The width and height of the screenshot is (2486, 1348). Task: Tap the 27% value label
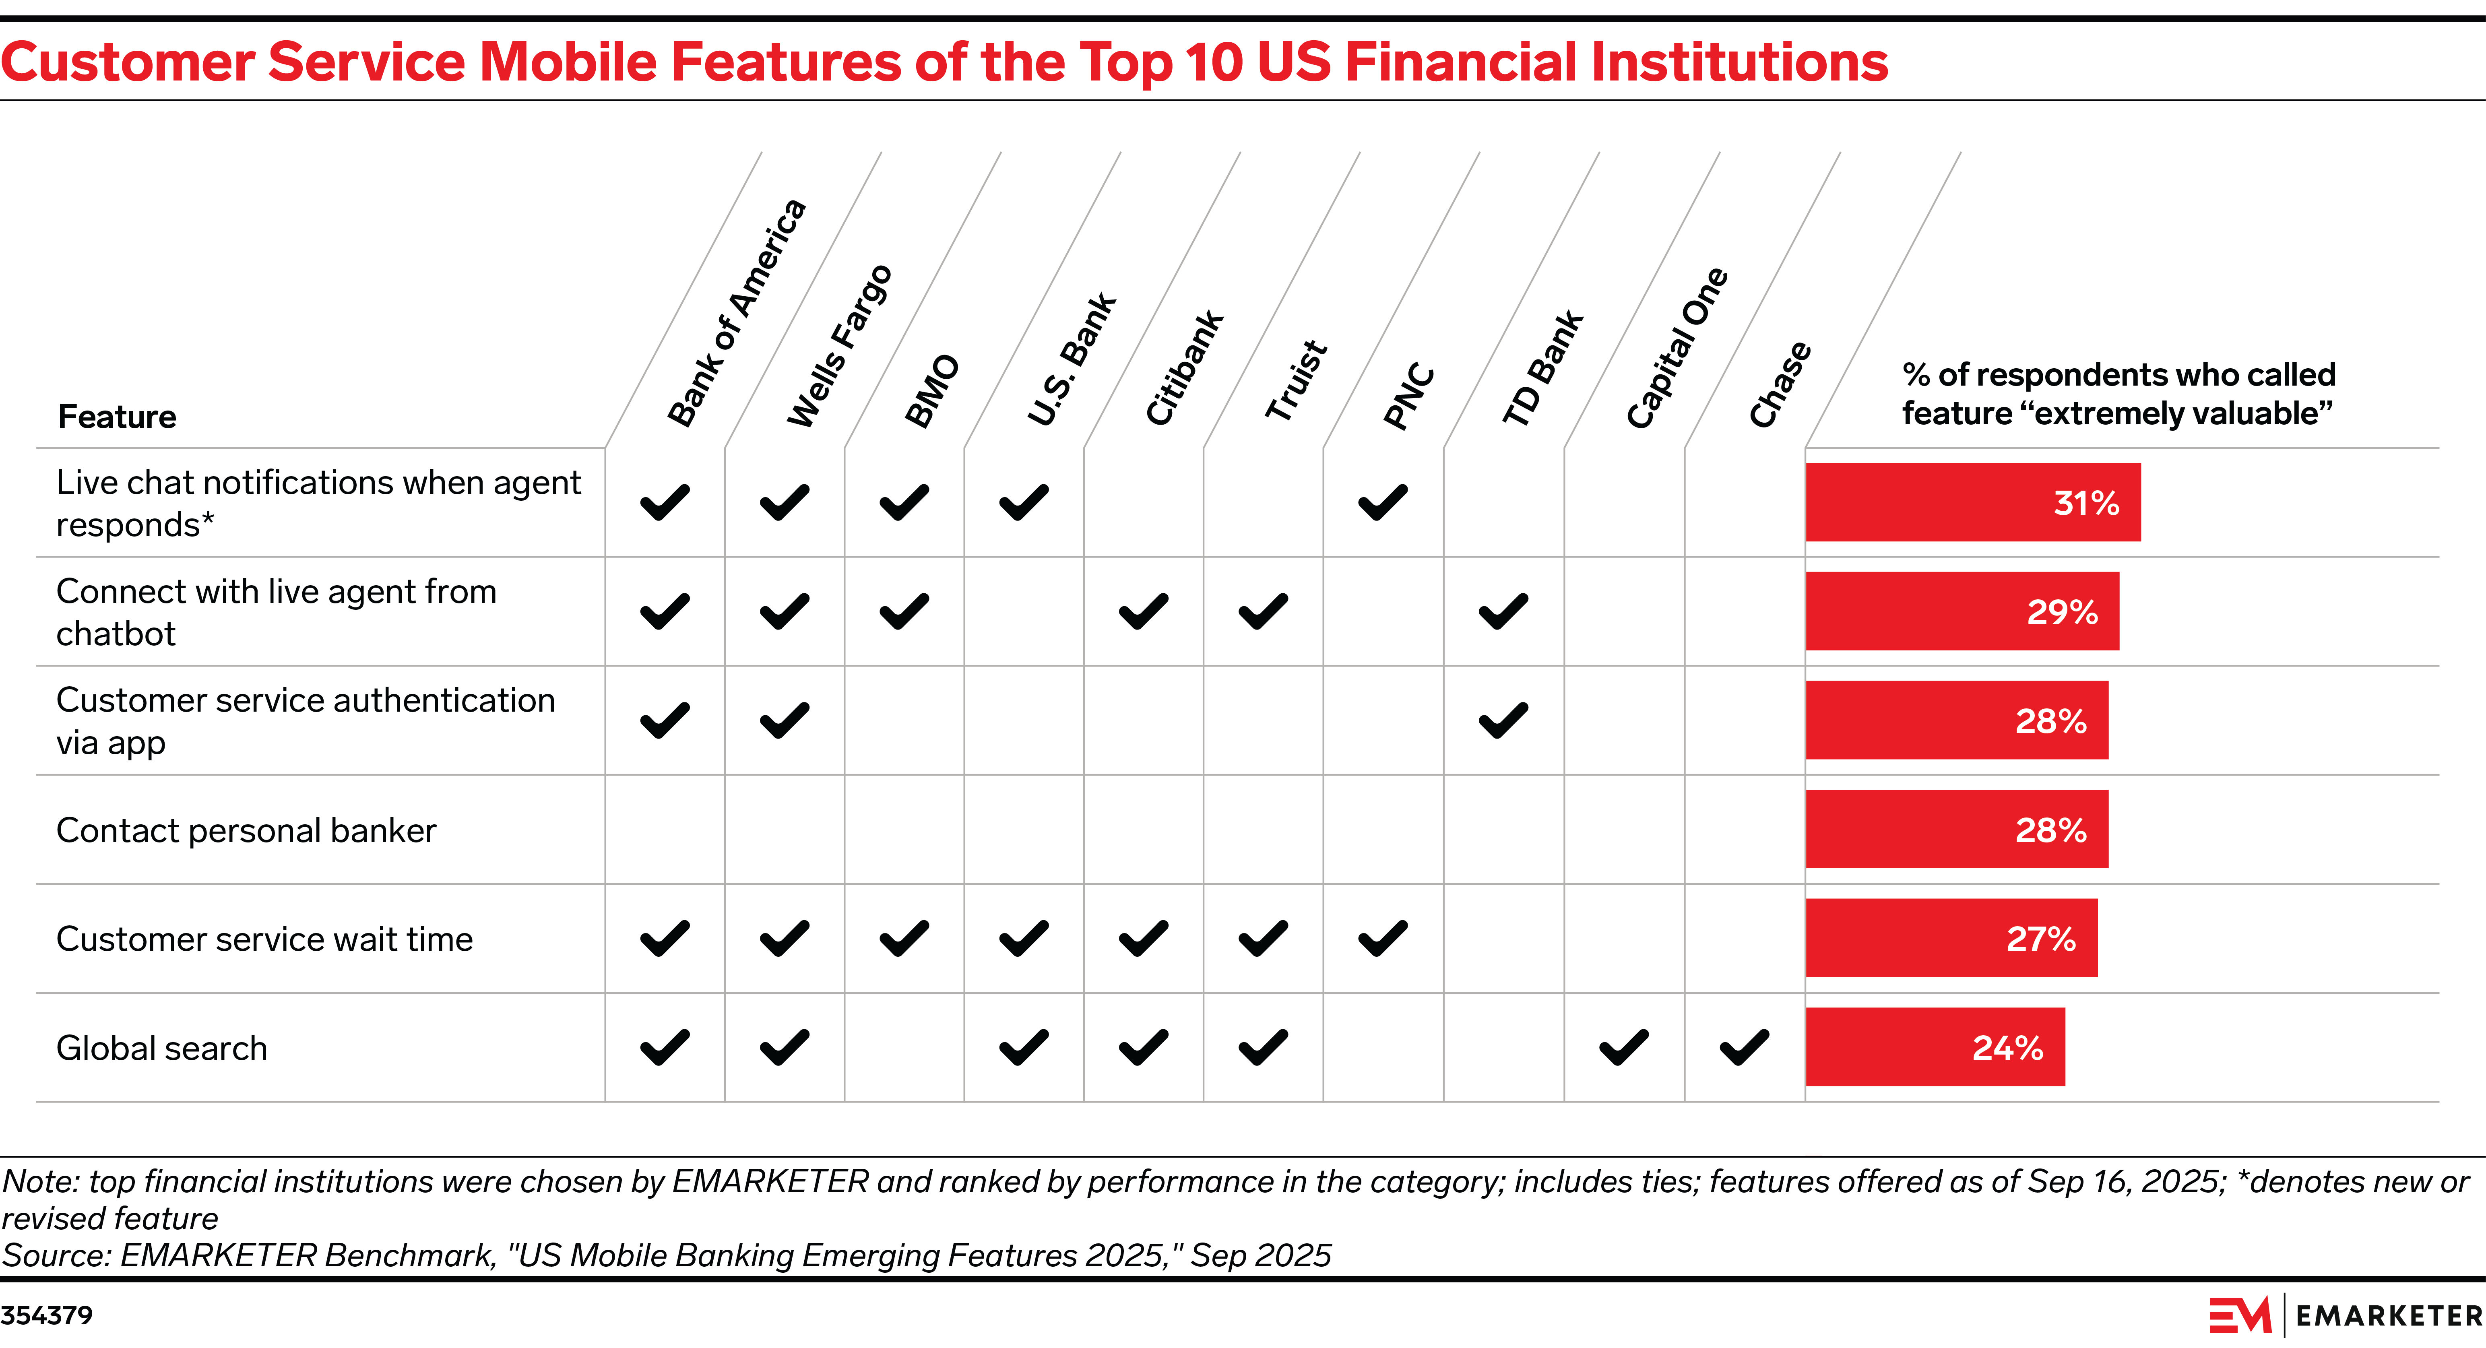pyautogui.click(x=2040, y=939)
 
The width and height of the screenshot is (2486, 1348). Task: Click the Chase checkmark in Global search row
pyautogui.click(x=1744, y=1047)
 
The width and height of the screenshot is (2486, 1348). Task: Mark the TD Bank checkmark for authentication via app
pyautogui.click(x=1503, y=720)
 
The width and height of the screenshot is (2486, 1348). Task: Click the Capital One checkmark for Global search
pyautogui.click(x=1623, y=1047)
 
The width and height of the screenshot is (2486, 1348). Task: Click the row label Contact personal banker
pyautogui.click(x=246, y=830)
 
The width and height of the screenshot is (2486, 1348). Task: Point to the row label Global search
pyautogui.click(x=161, y=1048)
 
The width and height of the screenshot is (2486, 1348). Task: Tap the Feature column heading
pyautogui.click(x=117, y=417)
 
